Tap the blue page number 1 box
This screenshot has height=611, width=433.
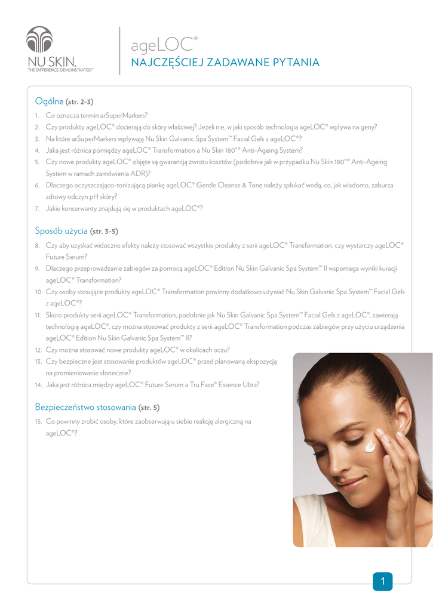[x=382, y=581]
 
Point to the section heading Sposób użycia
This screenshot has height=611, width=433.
[x=61, y=230]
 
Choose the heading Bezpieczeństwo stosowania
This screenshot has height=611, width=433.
[x=85, y=407]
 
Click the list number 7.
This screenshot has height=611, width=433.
[x=37, y=208]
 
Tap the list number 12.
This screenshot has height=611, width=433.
[x=38, y=349]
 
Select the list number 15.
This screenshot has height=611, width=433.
[x=38, y=421]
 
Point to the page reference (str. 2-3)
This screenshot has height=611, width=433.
[x=79, y=101]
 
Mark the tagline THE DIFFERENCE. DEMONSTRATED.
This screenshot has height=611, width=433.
[x=60, y=70]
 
